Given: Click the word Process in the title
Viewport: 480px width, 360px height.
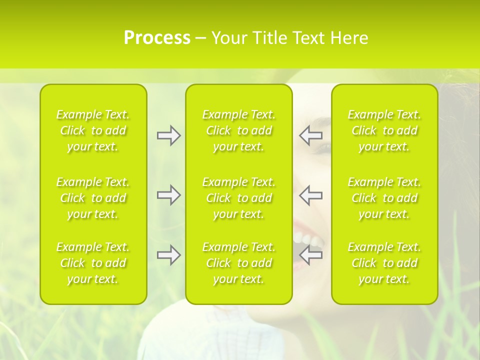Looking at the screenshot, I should pos(157,38).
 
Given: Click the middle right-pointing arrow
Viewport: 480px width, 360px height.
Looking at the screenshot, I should pos(169,195).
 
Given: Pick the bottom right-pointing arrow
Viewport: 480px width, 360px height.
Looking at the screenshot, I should pos(169,255).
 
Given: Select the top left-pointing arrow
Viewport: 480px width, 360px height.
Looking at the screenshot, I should pos(311,135).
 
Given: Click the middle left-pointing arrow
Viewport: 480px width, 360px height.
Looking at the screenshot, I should pos(311,195).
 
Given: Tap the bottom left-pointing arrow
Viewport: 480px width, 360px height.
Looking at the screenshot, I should pos(311,255).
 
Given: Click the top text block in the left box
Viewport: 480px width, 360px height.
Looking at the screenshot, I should pos(93,130).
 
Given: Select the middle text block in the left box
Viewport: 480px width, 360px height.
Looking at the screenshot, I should pos(93,198).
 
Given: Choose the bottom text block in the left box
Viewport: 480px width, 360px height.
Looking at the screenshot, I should pos(93,263).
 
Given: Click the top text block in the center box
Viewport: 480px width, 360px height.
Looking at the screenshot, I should pos(239,130).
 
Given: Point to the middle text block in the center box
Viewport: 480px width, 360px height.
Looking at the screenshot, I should pos(239,198).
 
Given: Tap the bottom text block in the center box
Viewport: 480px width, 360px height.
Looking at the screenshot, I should pos(239,263).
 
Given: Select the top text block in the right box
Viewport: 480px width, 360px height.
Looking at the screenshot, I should pos(384,130).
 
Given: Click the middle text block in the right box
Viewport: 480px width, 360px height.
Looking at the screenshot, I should pos(384,198).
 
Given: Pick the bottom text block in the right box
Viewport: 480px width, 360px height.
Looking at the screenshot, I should pos(384,263).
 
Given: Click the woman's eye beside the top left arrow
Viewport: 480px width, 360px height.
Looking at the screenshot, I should pos(323,147).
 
